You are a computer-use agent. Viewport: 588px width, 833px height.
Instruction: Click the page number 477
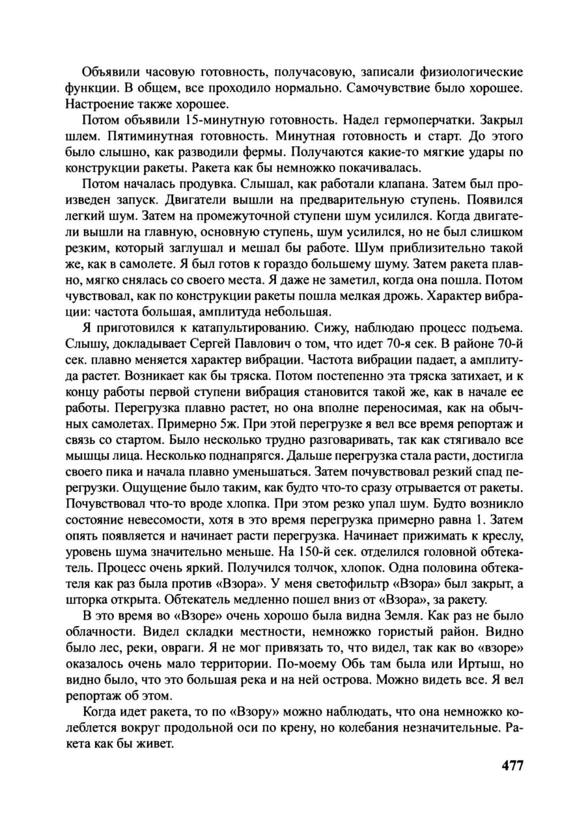tap(512, 765)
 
